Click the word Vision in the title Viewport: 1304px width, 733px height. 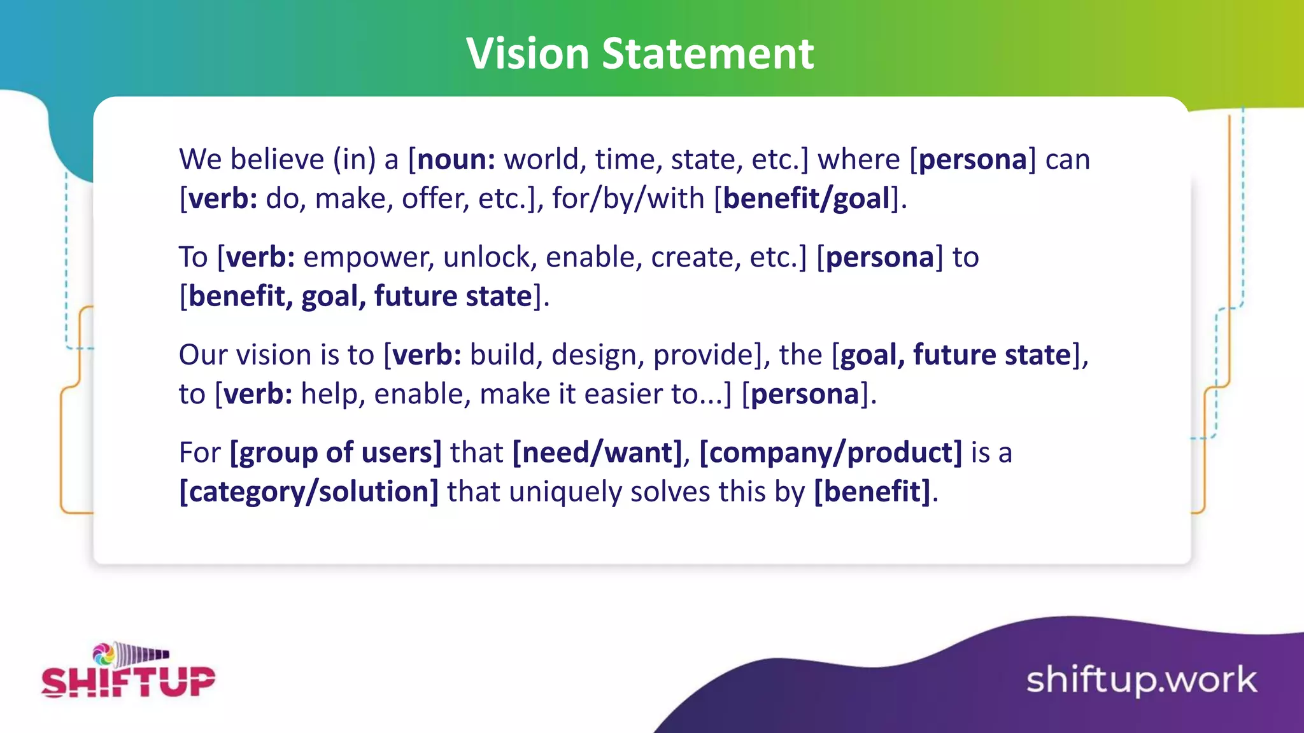528,53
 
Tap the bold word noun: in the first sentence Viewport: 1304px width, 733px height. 456,159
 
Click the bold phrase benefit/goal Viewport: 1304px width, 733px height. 807,199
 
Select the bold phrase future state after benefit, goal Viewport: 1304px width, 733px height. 453,297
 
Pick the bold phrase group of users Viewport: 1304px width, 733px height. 336,452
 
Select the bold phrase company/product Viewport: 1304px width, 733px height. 831,452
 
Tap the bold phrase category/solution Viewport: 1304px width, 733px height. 309,492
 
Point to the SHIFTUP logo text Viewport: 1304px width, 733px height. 128,681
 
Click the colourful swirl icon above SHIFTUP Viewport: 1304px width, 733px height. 104,654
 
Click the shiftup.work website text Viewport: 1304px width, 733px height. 1141,680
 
